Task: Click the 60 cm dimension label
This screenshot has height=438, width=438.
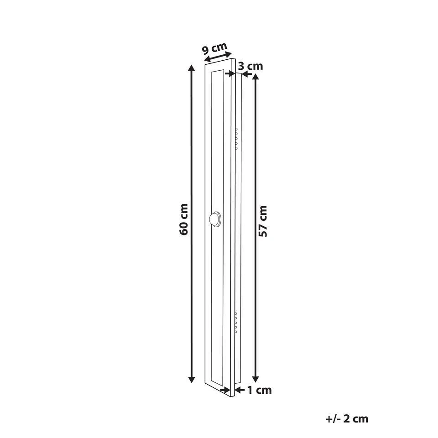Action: (x=184, y=219)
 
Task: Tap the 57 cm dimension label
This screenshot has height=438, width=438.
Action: (x=263, y=221)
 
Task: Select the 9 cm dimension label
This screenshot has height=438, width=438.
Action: (x=214, y=48)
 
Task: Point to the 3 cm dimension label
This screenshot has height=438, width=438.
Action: (x=250, y=66)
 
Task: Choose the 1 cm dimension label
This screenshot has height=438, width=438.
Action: (x=260, y=390)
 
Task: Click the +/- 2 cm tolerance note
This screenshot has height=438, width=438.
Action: (x=347, y=419)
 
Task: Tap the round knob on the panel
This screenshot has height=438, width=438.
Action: (x=215, y=219)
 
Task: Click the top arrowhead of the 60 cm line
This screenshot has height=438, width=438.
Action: (x=191, y=68)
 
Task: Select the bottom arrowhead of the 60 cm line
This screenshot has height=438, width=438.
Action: (x=191, y=379)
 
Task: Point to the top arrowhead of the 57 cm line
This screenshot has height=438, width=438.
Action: (x=255, y=77)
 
